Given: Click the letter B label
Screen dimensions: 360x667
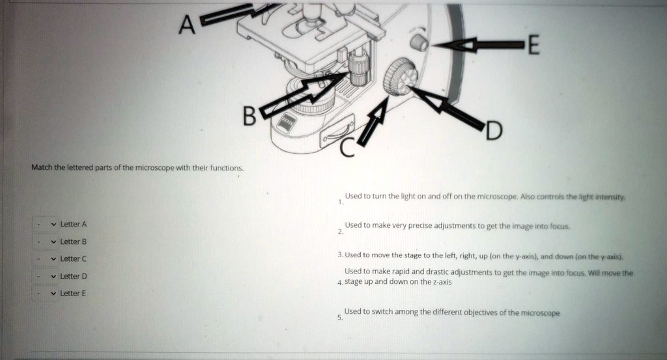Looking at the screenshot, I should pyautogui.click(x=249, y=116).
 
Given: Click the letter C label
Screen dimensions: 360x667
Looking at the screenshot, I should pyautogui.click(x=347, y=150).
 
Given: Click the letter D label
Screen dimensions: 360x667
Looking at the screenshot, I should pyautogui.click(x=493, y=132).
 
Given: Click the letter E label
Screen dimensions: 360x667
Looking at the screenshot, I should pyautogui.click(x=532, y=46).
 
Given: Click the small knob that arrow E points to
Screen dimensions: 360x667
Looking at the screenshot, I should pyautogui.click(x=419, y=43).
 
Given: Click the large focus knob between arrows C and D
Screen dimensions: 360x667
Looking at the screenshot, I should pyautogui.click(x=399, y=76).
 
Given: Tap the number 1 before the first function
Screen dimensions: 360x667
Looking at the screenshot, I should pyautogui.click(x=339, y=202).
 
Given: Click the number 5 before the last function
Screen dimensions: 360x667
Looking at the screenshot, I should pyautogui.click(x=339, y=318).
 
